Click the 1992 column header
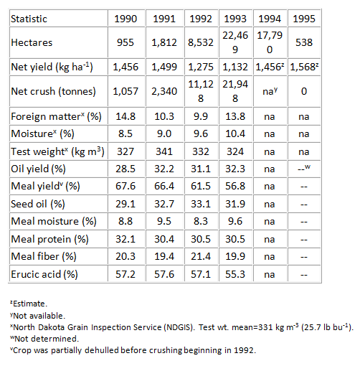point(201,19)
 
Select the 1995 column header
point(304,19)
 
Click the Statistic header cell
point(29,19)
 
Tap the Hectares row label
point(32,42)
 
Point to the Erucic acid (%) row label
point(44,274)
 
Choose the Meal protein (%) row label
point(49,239)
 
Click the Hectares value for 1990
point(125,42)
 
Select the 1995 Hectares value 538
point(304,42)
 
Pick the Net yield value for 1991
point(164,67)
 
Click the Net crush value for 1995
point(304,91)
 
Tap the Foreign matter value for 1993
point(235,116)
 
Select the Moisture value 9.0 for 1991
point(164,133)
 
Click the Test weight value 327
point(125,151)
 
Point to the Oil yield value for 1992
point(201,169)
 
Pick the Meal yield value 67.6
point(125,186)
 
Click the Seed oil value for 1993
point(235,204)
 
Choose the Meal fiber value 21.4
point(201,256)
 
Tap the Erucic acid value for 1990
point(125,274)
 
